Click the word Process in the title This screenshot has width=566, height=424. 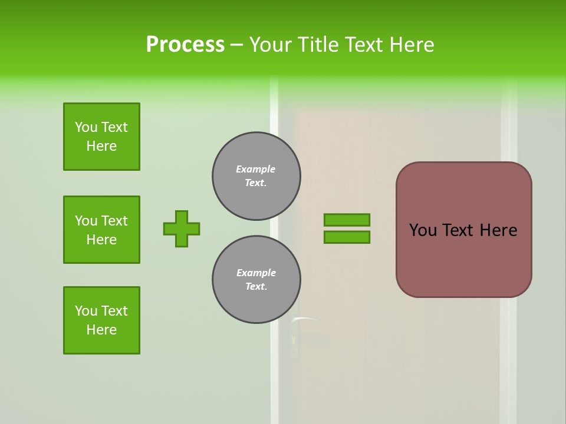tap(185, 45)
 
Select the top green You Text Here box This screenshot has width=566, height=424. tap(101, 137)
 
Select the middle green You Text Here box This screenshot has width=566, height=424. tap(101, 230)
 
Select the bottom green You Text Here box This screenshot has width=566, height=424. tap(101, 320)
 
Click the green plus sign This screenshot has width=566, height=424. tap(182, 228)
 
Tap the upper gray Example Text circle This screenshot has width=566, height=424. tap(256, 176)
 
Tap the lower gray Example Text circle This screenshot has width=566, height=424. tap(256, 280)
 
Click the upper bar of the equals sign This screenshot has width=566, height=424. tap(347, 220)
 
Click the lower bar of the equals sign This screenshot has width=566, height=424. tap(347, 237)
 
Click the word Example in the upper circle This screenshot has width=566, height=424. tap(256, 169)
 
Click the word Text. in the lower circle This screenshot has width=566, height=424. tap(256, 287)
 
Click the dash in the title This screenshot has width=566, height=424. tap(236, 45)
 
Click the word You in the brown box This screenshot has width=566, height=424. tap(423, 230)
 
